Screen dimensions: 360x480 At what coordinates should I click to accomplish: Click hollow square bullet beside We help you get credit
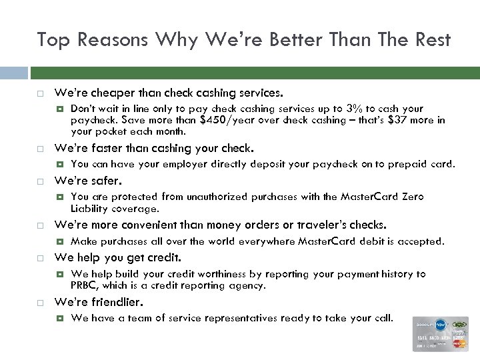click(40, 258)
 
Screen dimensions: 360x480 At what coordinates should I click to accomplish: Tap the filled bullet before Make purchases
click(60, 241)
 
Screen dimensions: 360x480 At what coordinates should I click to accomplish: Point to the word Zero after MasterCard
click(412, 197)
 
